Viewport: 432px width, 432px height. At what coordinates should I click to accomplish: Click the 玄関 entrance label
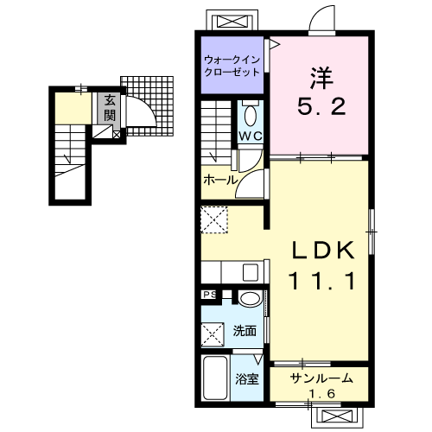(110, 108)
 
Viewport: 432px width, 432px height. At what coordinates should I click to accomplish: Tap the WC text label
(251, 136)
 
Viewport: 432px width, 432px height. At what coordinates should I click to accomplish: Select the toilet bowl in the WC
(250, 116)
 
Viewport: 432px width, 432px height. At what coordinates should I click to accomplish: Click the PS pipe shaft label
(210, 295)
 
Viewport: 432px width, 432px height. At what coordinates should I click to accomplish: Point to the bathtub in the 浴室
(215, 378)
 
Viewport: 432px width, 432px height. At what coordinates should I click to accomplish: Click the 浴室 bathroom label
(247, 379)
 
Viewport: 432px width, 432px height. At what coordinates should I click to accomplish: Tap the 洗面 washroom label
(245, 331)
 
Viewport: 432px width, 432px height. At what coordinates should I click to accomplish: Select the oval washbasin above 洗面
(250, 298)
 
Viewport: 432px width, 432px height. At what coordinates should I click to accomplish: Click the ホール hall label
(220, 181)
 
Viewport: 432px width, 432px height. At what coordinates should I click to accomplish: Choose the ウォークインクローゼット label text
(232, 66)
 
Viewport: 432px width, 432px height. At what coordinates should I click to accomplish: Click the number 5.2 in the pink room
(321, 106)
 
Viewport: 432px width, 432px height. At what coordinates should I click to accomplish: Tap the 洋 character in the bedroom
(321, 78)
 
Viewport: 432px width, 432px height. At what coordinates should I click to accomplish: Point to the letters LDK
(323, 250)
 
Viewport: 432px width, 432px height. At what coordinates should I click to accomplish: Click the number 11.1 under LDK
(321, 281)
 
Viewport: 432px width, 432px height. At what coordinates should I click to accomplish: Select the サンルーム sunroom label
(321, 378)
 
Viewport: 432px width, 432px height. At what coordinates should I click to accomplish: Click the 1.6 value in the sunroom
(322, 393)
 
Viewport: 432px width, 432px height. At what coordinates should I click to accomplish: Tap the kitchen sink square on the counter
(251, 272)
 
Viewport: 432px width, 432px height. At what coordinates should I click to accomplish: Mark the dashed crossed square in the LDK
(214, 219)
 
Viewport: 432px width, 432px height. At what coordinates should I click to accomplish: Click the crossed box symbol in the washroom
(213, 334)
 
